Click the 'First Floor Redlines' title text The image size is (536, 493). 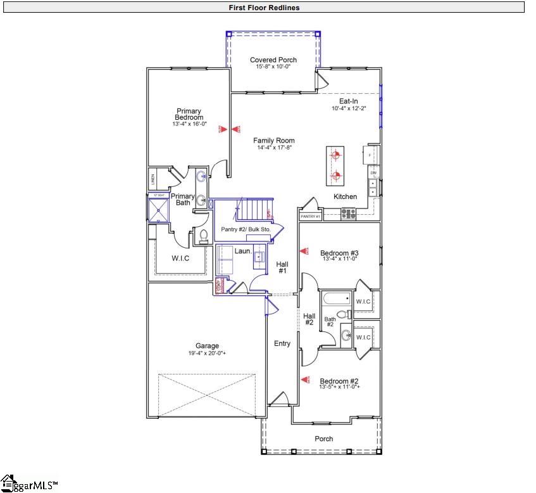[x=265, y=8]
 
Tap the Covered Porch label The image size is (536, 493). [x=273, y=60]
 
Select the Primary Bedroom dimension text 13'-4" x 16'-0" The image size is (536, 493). [x=189, y=124]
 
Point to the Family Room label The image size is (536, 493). [x=274, y=141]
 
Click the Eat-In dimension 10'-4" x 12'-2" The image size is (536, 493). [x=348, y=108]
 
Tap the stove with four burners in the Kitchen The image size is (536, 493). [x=349, y=214]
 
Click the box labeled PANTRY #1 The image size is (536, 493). [x=310, y=217]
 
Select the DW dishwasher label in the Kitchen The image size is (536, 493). [x=373, y=172]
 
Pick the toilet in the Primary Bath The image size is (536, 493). [x=204, y=237]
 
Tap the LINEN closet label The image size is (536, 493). [x=153, y=179]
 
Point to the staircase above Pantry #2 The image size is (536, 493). [x=252, y=209]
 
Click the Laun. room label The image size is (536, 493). [x=244, y=252]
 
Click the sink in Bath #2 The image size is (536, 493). [x=346, y=335]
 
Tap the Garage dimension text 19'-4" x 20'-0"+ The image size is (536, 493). [x=207, y=353]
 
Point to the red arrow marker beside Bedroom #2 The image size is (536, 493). [x=305, y=380]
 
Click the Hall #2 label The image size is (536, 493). [x=309, y=319]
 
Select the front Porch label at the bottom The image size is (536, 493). [x=323, y=439]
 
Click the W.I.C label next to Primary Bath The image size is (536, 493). [x=180, y=259]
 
